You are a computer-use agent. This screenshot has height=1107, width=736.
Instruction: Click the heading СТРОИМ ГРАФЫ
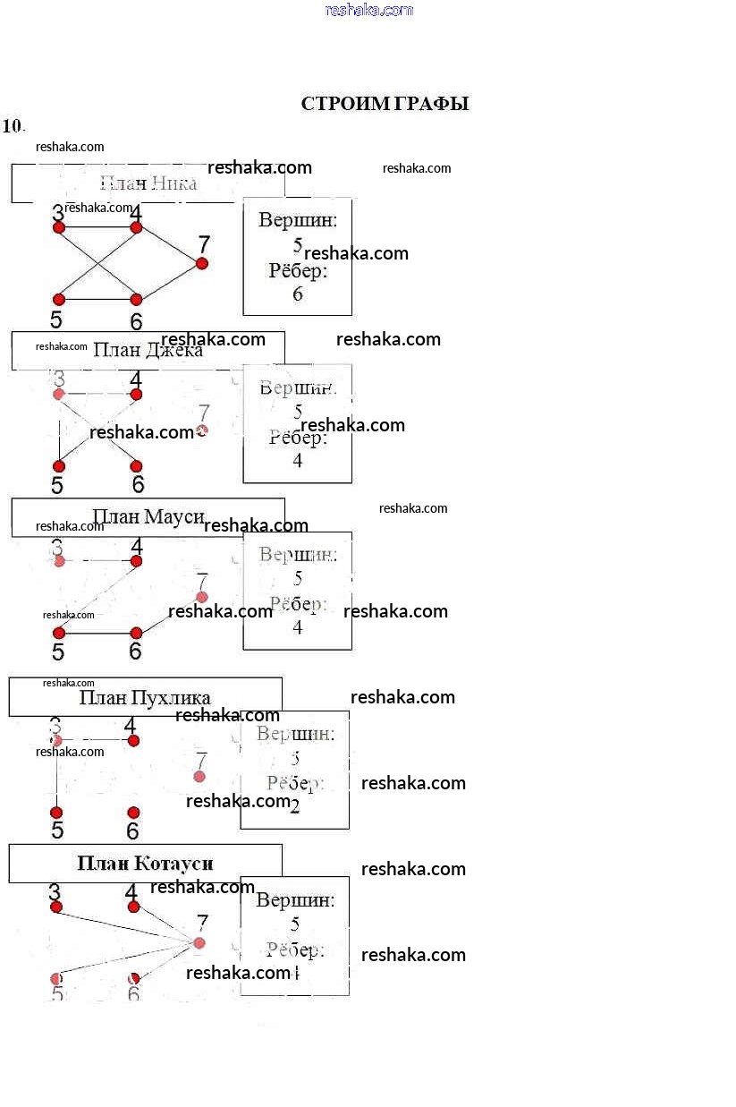(385, 104)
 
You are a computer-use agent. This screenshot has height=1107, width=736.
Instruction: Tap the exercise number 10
(13, 126)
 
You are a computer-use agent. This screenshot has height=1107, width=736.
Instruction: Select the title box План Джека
(148, 350)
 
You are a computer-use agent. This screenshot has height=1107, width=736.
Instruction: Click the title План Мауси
(148, 516)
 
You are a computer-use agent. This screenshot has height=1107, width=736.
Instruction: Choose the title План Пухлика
(145, 697)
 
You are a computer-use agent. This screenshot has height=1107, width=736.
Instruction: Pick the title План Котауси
(145, 864)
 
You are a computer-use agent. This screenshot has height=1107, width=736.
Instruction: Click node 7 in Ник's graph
(202, 263)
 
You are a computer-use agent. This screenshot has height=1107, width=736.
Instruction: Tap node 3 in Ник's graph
(59, 228)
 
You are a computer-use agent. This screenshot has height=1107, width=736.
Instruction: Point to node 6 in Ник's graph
(136, 300)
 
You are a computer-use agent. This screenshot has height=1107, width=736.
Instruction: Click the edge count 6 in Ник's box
(298, 294)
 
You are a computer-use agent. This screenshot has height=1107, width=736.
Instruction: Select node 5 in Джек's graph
(59, 466)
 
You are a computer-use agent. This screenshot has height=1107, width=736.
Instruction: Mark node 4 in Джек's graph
(136, 395)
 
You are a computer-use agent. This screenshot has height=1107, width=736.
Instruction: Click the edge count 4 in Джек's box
(298, 461)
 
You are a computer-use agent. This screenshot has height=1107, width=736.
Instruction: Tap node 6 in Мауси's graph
(136, 634)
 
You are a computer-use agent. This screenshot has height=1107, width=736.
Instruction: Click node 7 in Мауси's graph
(202, 597)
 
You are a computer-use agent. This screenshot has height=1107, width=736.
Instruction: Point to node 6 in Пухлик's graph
(133, 813)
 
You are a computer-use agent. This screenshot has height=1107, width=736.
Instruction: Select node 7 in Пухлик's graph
(199, 777)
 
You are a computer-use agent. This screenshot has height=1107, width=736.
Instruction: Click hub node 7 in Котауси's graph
(199, 943)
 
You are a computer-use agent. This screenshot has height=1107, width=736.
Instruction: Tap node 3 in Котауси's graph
(56, 907)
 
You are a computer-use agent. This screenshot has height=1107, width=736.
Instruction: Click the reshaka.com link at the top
(369, 10)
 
